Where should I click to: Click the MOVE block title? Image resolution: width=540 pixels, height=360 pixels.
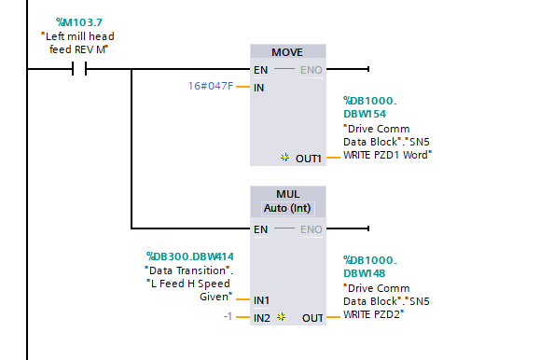click(x=288, y=52)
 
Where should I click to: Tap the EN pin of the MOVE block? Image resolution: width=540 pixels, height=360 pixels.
click(x=262, y=70)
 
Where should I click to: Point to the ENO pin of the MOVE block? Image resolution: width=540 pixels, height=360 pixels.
click(x=313, y=70)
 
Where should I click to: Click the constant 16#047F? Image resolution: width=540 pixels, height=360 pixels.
click(x=210, y=87)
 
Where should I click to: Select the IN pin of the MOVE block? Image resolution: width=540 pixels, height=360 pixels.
click(x=260, y=88)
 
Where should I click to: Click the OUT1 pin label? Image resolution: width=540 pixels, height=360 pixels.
click(x=309, y=159)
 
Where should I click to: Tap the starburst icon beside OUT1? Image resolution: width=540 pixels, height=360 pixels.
click(x=285, y=159)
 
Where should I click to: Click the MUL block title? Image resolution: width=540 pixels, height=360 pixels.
click(x=288, y=193)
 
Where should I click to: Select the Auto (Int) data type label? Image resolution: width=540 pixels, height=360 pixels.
click(x=288, y=208)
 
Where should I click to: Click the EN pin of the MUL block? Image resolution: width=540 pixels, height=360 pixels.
click(x=262, y=228)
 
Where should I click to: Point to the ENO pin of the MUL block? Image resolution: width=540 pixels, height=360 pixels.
click(x=313, y=228)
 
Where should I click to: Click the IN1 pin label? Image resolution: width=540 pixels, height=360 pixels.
click(x=263, y=300)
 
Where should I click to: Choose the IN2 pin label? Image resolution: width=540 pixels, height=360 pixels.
click(x=263, y=318)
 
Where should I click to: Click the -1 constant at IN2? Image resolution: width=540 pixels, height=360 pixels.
click(x=228, y=317)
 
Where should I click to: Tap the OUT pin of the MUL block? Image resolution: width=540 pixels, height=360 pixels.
click(x=312, y=318)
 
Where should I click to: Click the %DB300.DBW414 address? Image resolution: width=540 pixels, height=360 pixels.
click(x=189, y=256)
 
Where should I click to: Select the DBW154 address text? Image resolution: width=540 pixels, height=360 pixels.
click(x=367, y=113)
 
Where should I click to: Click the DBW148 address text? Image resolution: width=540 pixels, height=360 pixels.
click(x=367, y=273)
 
